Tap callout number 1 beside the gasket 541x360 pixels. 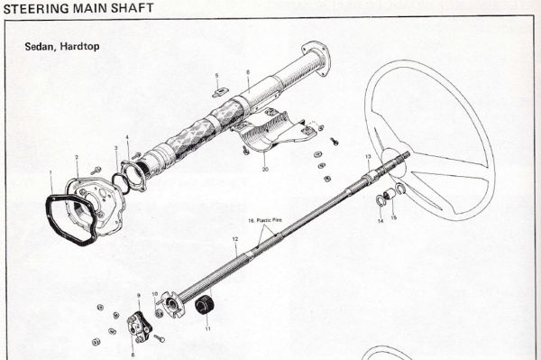click(x=51, y=172)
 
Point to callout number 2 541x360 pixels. click(x=78, y=158)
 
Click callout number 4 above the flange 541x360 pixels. click(x=128, y=138)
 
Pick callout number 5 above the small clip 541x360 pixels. click(x=216, y=75)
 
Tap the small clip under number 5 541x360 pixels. click(x=219, y=91)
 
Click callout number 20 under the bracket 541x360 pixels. click(x=265, y=169)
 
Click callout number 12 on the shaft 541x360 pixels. click(x=234, y=240)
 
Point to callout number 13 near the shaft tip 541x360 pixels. click(x=368, y=157)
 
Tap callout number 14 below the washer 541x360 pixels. click(x=380, y=220)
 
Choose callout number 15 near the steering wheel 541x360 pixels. click(x=393, y=217)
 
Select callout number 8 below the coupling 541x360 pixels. click(x=133, y=355)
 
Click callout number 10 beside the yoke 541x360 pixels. click(x=155, y=294)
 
